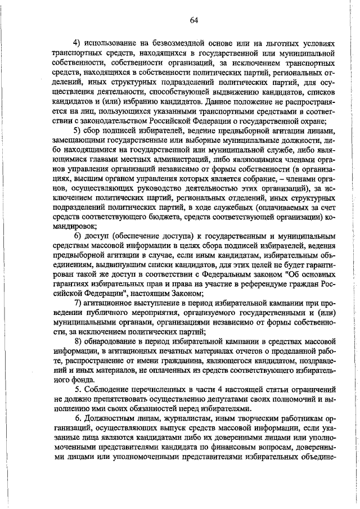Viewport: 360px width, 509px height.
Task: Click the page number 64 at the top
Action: pyautogui.click(x=193, y=20)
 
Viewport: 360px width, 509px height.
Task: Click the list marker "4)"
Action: pyautogui.click(x=79, y=43)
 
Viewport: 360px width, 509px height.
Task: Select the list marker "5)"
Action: pyautogui.click(x=79, y=132)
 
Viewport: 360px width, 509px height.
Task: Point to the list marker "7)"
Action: pyautogui.click(x=79, y=305)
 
